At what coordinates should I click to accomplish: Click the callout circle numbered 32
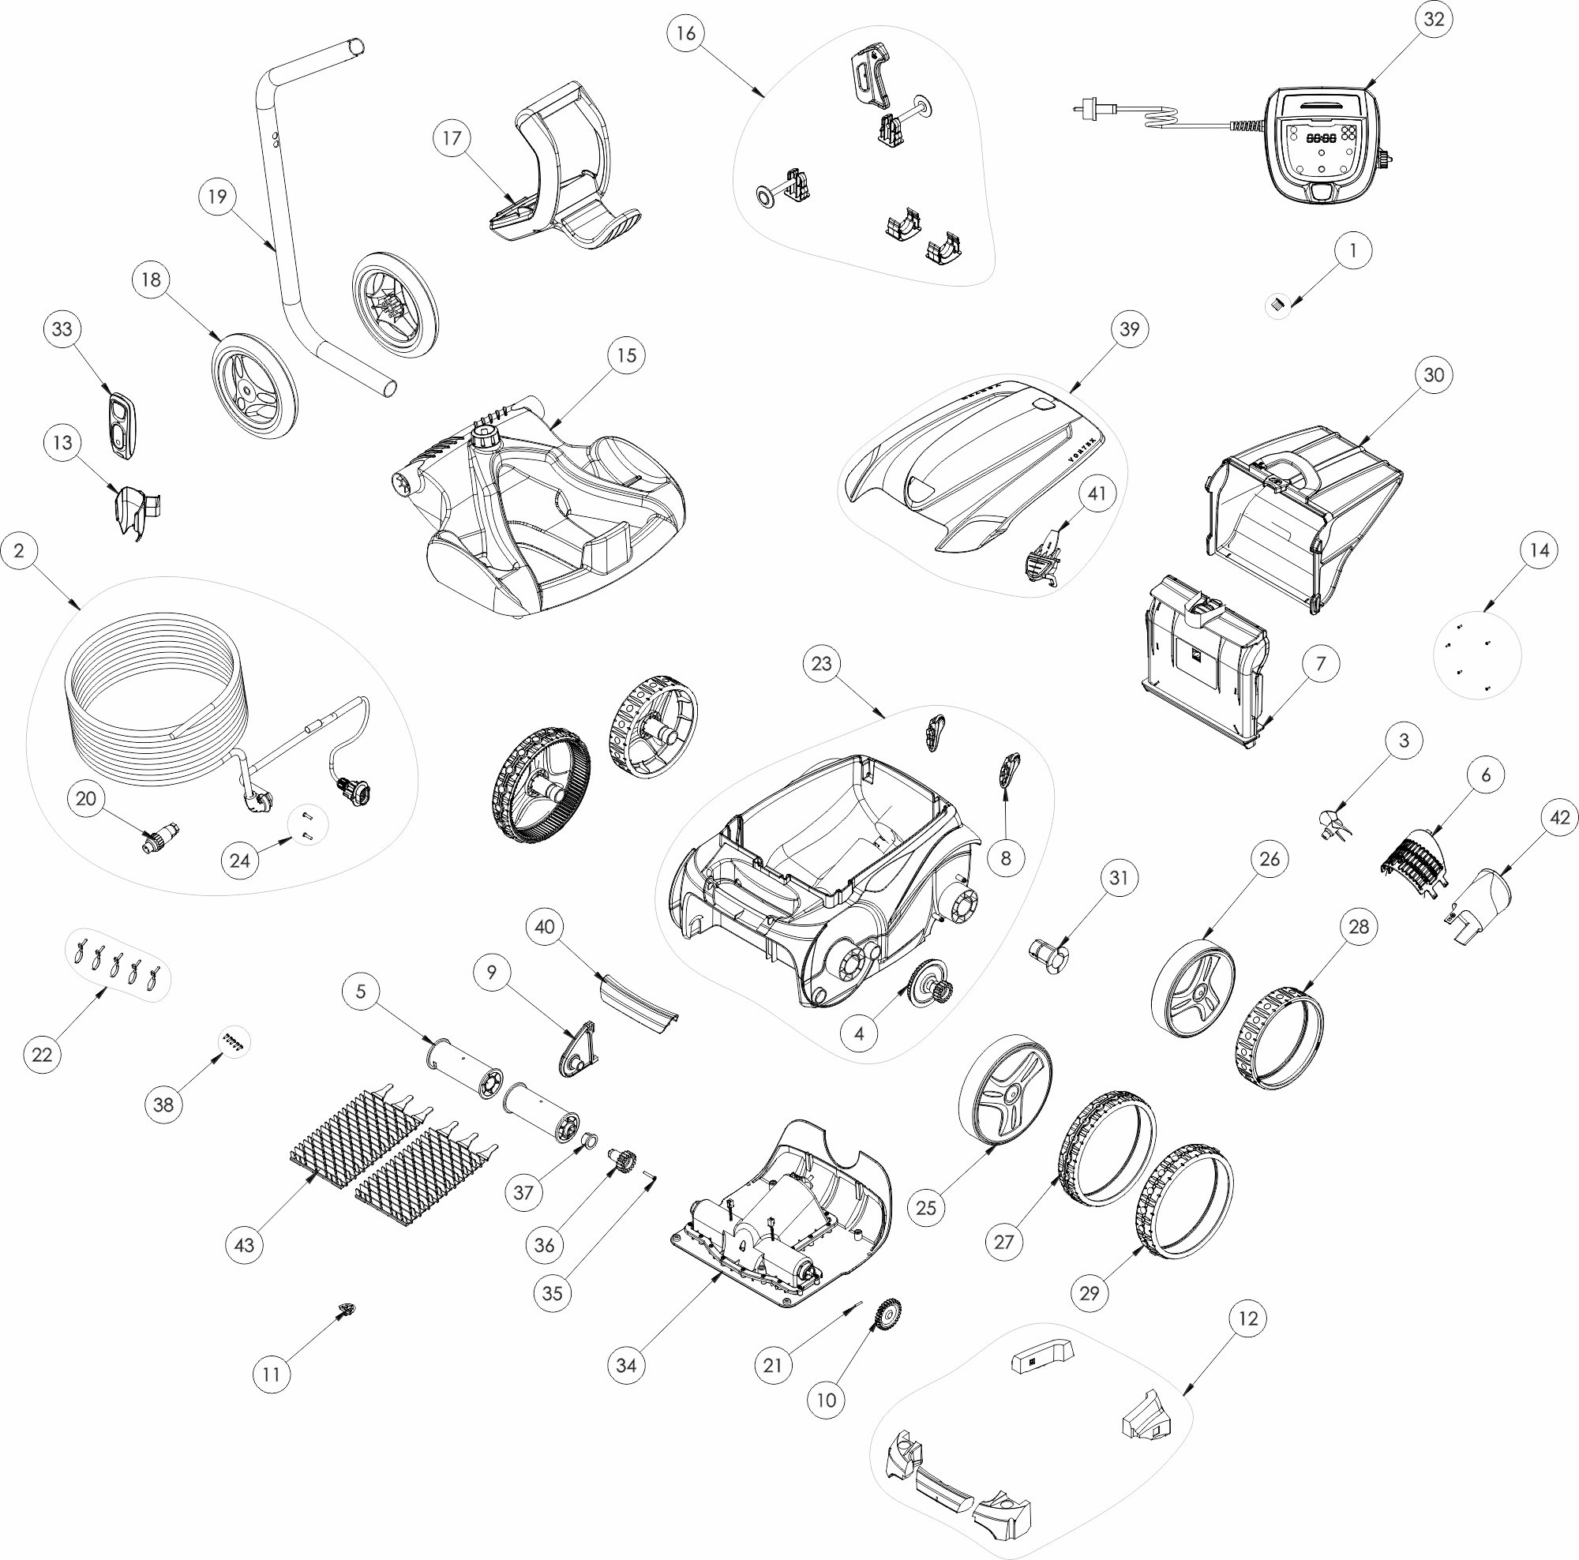click(x=1434, y=20)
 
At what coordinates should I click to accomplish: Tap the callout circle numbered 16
click(x=686, y=32)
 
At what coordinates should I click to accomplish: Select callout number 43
click(x=245, y=1245)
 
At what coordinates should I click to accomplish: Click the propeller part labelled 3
click(x=1333, y=823)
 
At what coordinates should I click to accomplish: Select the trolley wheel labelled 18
click(x=255, y=389)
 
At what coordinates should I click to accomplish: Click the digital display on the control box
click(x=1321, y=139)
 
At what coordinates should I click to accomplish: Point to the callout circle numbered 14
click(x=1539, y=551)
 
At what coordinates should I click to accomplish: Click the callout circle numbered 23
click(x=821, y=662)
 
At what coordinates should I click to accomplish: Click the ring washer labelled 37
click(x=587, y=1141)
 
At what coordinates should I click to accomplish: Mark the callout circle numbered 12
click(x=1248, y=1318)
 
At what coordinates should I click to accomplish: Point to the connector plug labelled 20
click(x=160, y=839)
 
